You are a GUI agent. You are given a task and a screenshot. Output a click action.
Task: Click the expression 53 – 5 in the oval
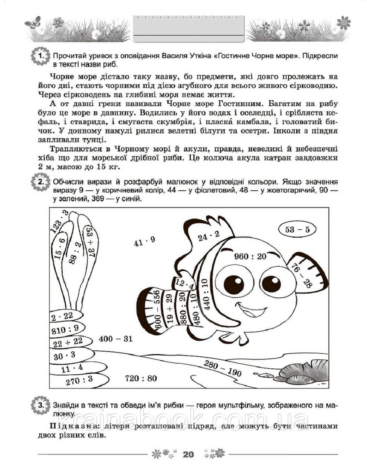(297, 230)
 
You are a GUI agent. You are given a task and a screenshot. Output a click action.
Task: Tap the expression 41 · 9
(144, 242)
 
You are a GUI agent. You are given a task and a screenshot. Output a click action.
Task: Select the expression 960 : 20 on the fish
(250, 256)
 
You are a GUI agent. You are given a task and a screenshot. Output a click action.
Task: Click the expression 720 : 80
(141, 379)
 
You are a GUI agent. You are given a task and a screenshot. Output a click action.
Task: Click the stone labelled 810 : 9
(65, 329)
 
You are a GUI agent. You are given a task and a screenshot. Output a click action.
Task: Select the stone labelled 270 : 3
(79, 380)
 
